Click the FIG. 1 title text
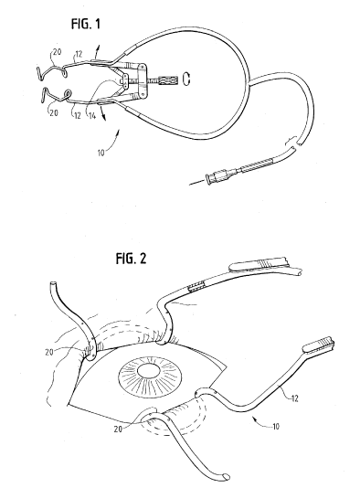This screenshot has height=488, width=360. tap(86, 24)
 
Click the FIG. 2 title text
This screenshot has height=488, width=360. tap(131, 258)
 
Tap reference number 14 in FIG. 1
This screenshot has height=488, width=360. tap(92, 116)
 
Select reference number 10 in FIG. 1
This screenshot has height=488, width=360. tap(101, 154)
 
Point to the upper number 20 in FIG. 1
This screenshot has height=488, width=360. tap(58, 52)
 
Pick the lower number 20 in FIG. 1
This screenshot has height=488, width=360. tap(54, 112)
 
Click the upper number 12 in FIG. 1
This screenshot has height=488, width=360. tap(79, 54)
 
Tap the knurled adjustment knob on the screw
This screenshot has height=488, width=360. tap(168, 80)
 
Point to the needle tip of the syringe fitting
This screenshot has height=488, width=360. tap(190, 185)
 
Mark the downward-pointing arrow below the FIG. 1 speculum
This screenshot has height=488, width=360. tap(102, 112)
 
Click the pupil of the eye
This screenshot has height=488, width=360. tap(149, 372)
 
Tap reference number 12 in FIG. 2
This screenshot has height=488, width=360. tap(294, 398)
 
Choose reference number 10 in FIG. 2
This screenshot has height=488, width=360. tap(276, 426)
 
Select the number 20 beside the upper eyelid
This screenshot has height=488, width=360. tap(49, 353)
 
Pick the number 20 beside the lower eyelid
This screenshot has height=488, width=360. tap(118, 430)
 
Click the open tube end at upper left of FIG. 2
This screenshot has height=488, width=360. tap(53, 284)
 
